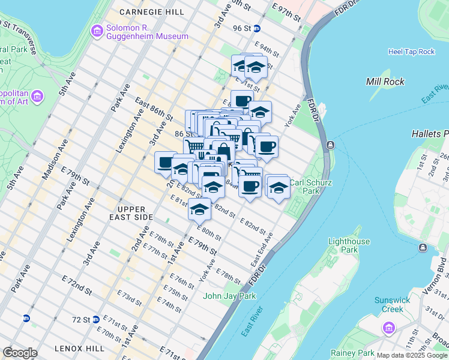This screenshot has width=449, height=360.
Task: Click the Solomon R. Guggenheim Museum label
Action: (x=139, y=32)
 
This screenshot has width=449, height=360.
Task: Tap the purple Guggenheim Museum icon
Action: (x=97, y=31)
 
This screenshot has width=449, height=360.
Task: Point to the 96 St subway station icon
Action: (x=257, y=28)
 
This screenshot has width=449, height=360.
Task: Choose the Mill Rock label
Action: (x=385, y=82)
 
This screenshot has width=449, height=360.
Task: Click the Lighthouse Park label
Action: (x=349, y=245)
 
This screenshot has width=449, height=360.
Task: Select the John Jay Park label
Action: (x=229, y=296)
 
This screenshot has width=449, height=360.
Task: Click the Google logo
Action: (x=20, y=353)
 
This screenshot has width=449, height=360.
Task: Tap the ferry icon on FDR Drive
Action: (x=330, y=145)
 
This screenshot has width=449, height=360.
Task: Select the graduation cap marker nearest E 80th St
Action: (x=199, y=210)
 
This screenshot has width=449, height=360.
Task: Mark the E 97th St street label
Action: (x=285, y=11)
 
